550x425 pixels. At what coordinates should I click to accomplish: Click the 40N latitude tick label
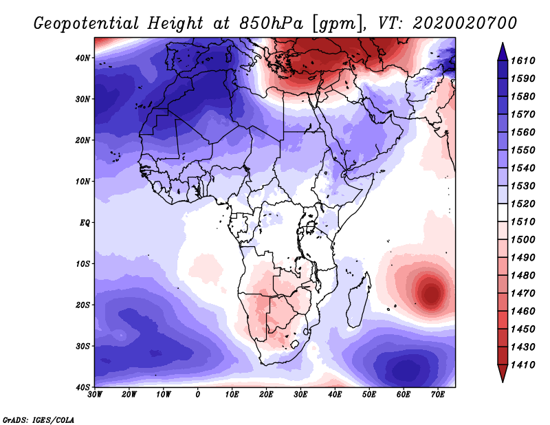(x=82, y=58)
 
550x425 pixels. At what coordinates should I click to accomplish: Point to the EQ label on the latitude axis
(x=85, y=223)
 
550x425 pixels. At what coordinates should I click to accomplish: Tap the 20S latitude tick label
(x=82, y=305)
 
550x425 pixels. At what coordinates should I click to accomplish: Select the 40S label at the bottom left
(x=82, y=387)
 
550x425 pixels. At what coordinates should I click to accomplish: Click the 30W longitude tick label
(x=95, y=395)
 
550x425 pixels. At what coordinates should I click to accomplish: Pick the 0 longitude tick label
(x=198, y=395)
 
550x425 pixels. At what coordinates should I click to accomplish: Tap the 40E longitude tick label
(x=335, y=395)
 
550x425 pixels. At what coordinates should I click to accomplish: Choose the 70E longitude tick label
(x=438, y=395)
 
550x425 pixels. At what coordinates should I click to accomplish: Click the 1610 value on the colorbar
(x=522, y=61)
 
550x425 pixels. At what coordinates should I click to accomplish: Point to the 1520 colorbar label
(x=522, y=204)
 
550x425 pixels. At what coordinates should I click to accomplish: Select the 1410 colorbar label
(x=522, y=365)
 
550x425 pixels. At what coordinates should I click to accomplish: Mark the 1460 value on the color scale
(x=522, y=312)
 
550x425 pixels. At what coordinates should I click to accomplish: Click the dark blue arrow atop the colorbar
(x=503, y=52)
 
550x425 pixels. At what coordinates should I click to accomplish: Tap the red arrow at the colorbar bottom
(x=503, y=373)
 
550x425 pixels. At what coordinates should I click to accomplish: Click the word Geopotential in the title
(x=87, y=23)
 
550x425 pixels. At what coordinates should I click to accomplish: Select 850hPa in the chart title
(x=271, y=23)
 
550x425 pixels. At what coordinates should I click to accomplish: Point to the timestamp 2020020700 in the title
(x=465, y=23)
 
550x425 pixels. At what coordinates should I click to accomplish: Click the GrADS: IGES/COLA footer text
(x=38, y=419)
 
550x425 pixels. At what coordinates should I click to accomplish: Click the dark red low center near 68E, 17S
(x=431, y=293)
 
